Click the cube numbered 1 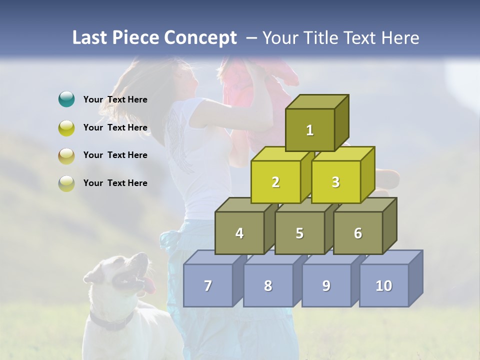(x=310, y=130)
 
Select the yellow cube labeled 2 (x=275, y=182)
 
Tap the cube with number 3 (x=335, y=182)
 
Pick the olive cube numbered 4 (x=239, y=233)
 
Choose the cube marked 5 (x=299, y=233)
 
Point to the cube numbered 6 (x=358, y=233)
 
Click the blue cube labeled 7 (x=208, y=285)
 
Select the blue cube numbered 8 (x=268, y=285)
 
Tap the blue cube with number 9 (x=326, y=285)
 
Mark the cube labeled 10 (x=383, y=285)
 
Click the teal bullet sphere (x=66, y=99)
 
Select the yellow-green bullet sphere (x=66, y=127)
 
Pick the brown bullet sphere (x=66, y=155)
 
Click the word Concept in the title (x=200, y=38)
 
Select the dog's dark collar (x=112, y=322)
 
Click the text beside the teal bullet (x=115, y=99)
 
